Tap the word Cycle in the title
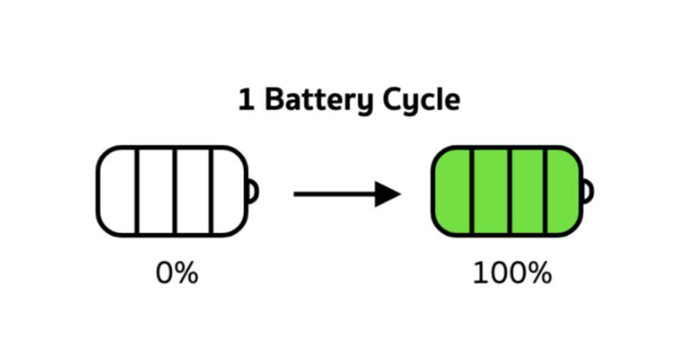[x=421, y=101]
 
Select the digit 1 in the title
[x=245, y=100]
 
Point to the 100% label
[x=511, y=274]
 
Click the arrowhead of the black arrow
[x=388, y=194]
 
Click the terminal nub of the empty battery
[x=252, y=191]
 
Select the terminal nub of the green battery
[x=587, y=191]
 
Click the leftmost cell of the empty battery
[x=116, y=191]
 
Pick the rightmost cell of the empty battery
[x=228, y=191]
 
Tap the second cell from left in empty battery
[x=155, y=191]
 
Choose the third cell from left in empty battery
[x=193, y=191]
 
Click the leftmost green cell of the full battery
[x=452, y=191]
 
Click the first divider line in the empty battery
[x=136, y=191]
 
